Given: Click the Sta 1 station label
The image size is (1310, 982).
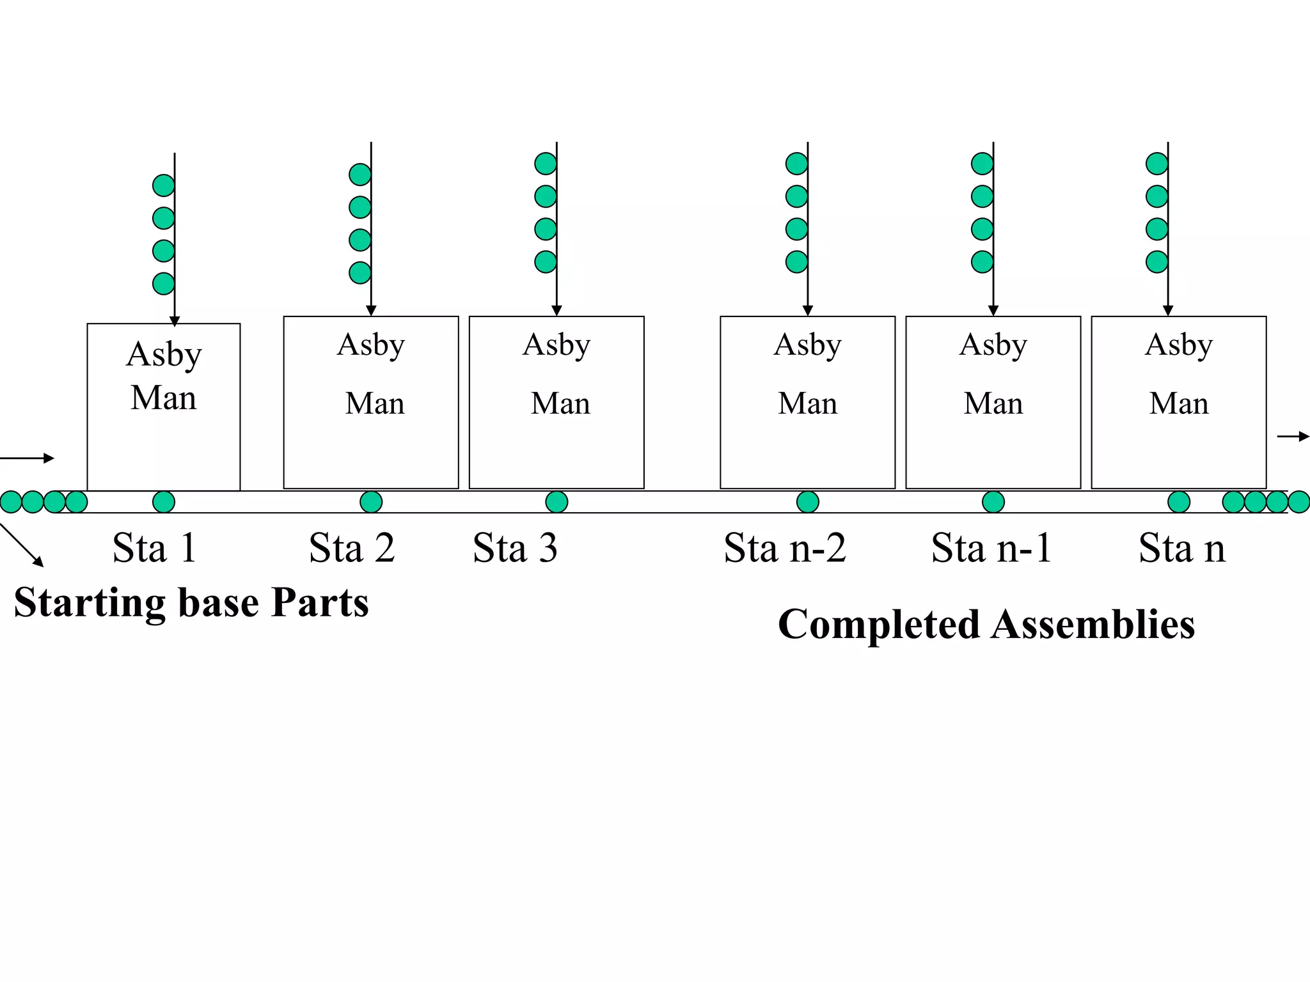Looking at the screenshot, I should click(154, 548).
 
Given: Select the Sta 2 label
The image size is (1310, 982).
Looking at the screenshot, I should click(352, 548).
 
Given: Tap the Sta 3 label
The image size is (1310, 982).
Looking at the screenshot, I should click(515, 548).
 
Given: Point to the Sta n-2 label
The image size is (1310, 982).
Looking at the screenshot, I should click(785, 548).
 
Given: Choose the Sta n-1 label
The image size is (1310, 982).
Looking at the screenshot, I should click(991, 548).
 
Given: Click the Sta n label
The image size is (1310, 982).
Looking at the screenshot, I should click(1181, 548).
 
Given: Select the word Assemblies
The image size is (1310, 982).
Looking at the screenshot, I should click(1093, 625).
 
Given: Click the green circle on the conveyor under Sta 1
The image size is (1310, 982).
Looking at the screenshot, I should click(164, 502).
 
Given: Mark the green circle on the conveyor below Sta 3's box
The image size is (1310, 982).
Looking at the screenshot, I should click(556, 502).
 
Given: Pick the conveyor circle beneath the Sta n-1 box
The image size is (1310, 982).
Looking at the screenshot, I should click(993, 502).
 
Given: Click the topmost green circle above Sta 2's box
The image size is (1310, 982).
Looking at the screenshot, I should click(360, 175).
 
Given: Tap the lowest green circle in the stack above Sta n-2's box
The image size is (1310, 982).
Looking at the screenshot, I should click(796, 261).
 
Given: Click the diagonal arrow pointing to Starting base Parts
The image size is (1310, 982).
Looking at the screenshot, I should click(22, 545).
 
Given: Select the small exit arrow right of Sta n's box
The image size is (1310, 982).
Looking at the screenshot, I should click(1293, 437).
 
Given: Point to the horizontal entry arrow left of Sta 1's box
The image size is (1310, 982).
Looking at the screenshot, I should click(27, 458).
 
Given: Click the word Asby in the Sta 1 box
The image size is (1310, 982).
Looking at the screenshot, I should click(164, 354).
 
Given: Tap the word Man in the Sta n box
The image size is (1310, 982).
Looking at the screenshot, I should click(1178, 403).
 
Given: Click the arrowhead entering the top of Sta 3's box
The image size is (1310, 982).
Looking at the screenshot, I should click(556, 310).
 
